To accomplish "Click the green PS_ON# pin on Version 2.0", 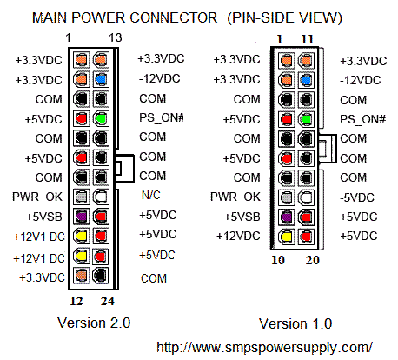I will (x=101, y=117).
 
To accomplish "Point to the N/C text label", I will (x=149, y=196).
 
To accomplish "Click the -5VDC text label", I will (x=356, y=197).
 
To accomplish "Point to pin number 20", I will (x=306, y=260).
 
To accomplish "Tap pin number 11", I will (x=306, y=38).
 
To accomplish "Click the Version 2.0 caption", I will (x=93, y=323).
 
